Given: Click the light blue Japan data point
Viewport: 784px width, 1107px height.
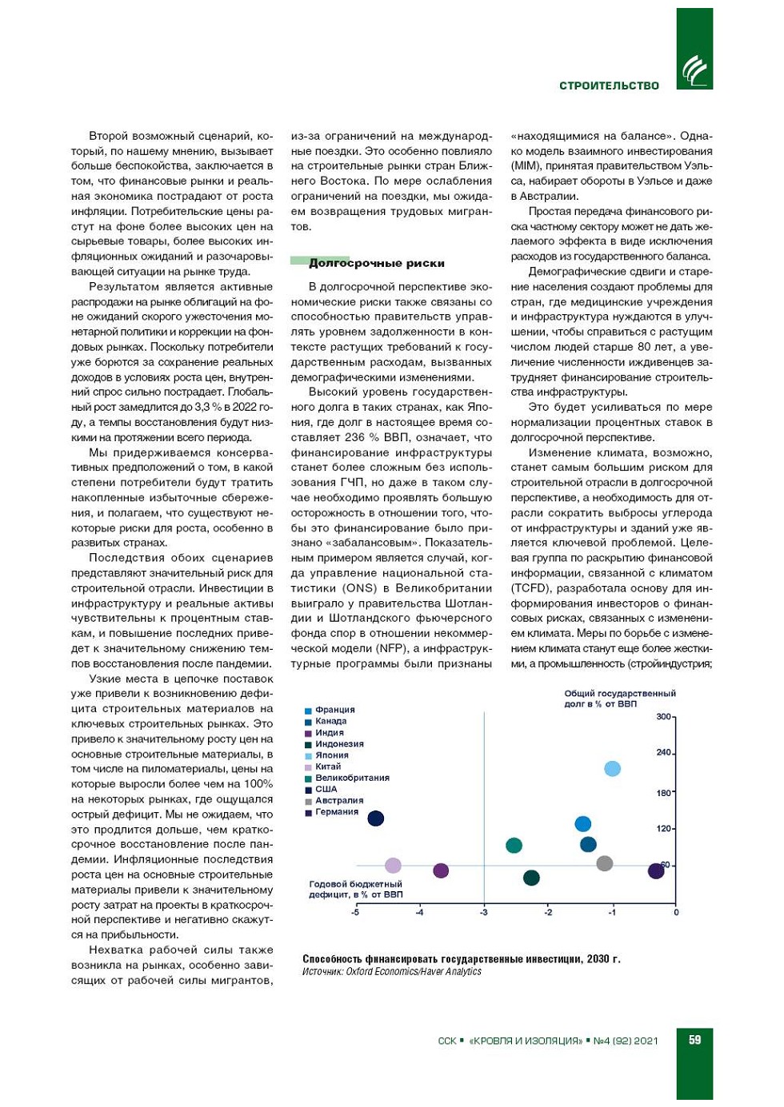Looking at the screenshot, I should tap(612, 769).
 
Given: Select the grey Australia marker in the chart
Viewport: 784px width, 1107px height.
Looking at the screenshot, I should tap(605, 863).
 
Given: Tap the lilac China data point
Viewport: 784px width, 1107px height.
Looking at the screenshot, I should tap(393, 866).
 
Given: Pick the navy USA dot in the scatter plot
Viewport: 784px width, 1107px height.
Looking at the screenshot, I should tap(375, 818).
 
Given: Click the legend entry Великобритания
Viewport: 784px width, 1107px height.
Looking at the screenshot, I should tap(351, 778).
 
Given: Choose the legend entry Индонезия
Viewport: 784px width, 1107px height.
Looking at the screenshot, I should tap(339, 744).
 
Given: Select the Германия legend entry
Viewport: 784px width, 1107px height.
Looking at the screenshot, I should tap(336, 812).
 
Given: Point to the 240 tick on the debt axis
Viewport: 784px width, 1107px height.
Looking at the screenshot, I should tap(664, 753).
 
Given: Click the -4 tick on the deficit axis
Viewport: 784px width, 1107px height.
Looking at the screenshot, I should tap(419, 913).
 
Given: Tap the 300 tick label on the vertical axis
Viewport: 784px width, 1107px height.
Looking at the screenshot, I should tap(664, 717).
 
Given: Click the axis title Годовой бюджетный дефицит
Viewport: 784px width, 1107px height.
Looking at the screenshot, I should tap(355, 890).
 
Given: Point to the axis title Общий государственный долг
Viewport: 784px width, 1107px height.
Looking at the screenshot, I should tap(619, 699).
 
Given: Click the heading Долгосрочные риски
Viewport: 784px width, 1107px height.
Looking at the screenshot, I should tap(376, 263).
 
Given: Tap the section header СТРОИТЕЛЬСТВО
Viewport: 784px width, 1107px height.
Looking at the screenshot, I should tap(609, 86).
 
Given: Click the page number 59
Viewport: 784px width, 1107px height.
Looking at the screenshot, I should tap(694, 1040).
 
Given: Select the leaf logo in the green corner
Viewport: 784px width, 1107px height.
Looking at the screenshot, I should tap(694, 70).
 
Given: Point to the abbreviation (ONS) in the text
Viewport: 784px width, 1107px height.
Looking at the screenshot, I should tap(359, 588).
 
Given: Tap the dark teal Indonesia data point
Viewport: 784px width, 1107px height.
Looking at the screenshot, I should tap(531, 878).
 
